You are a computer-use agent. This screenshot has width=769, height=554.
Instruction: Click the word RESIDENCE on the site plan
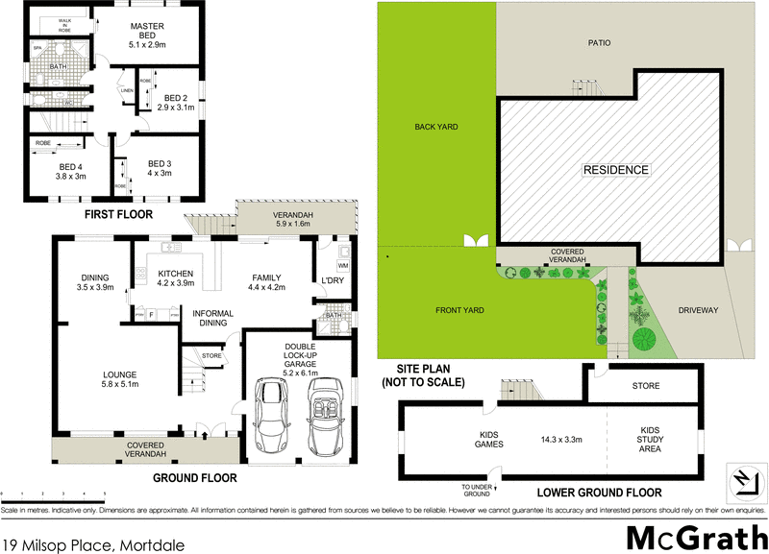pyautogui.click(x=616, y=170)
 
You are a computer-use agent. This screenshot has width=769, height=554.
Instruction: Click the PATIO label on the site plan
pyautogui.click(x=600, y=42)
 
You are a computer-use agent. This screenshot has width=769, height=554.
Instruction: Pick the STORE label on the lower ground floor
pyautogui.click(x=646, y=386)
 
